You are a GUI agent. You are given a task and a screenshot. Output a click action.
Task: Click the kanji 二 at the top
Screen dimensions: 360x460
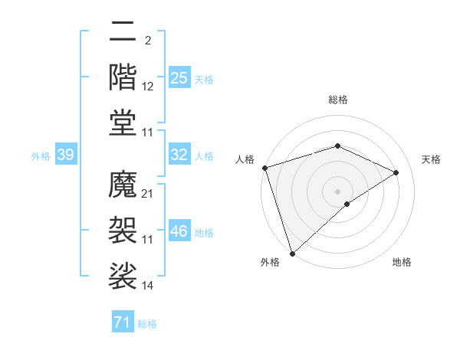[123, 33]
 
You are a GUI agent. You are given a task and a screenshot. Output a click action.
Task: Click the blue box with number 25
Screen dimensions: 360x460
[179, 78]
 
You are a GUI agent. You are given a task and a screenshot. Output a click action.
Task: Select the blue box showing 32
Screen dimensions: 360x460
[179, 155]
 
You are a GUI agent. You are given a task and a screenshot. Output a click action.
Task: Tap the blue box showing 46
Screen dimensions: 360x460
[179, 231]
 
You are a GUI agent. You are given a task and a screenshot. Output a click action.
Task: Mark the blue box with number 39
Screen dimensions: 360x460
[65, 155]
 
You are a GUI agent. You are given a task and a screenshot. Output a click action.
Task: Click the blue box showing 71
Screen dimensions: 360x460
[123, 322]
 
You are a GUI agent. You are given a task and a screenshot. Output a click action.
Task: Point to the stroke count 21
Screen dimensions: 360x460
[148, 194]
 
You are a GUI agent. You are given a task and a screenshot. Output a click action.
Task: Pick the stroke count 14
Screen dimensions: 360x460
[148, 286]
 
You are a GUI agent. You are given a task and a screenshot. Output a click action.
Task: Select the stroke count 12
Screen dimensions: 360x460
[148, 87]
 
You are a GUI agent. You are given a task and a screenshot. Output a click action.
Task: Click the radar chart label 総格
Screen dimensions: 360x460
[337, 100]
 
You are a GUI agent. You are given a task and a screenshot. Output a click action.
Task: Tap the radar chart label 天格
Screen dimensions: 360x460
[431, 159]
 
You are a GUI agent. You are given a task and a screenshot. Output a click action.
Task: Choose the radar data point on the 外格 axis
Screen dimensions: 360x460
[292, 253]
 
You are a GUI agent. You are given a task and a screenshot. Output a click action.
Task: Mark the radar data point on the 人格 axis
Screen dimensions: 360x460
[264, 168]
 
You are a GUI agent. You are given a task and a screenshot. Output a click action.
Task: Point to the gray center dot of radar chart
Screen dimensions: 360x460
[337, 191]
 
